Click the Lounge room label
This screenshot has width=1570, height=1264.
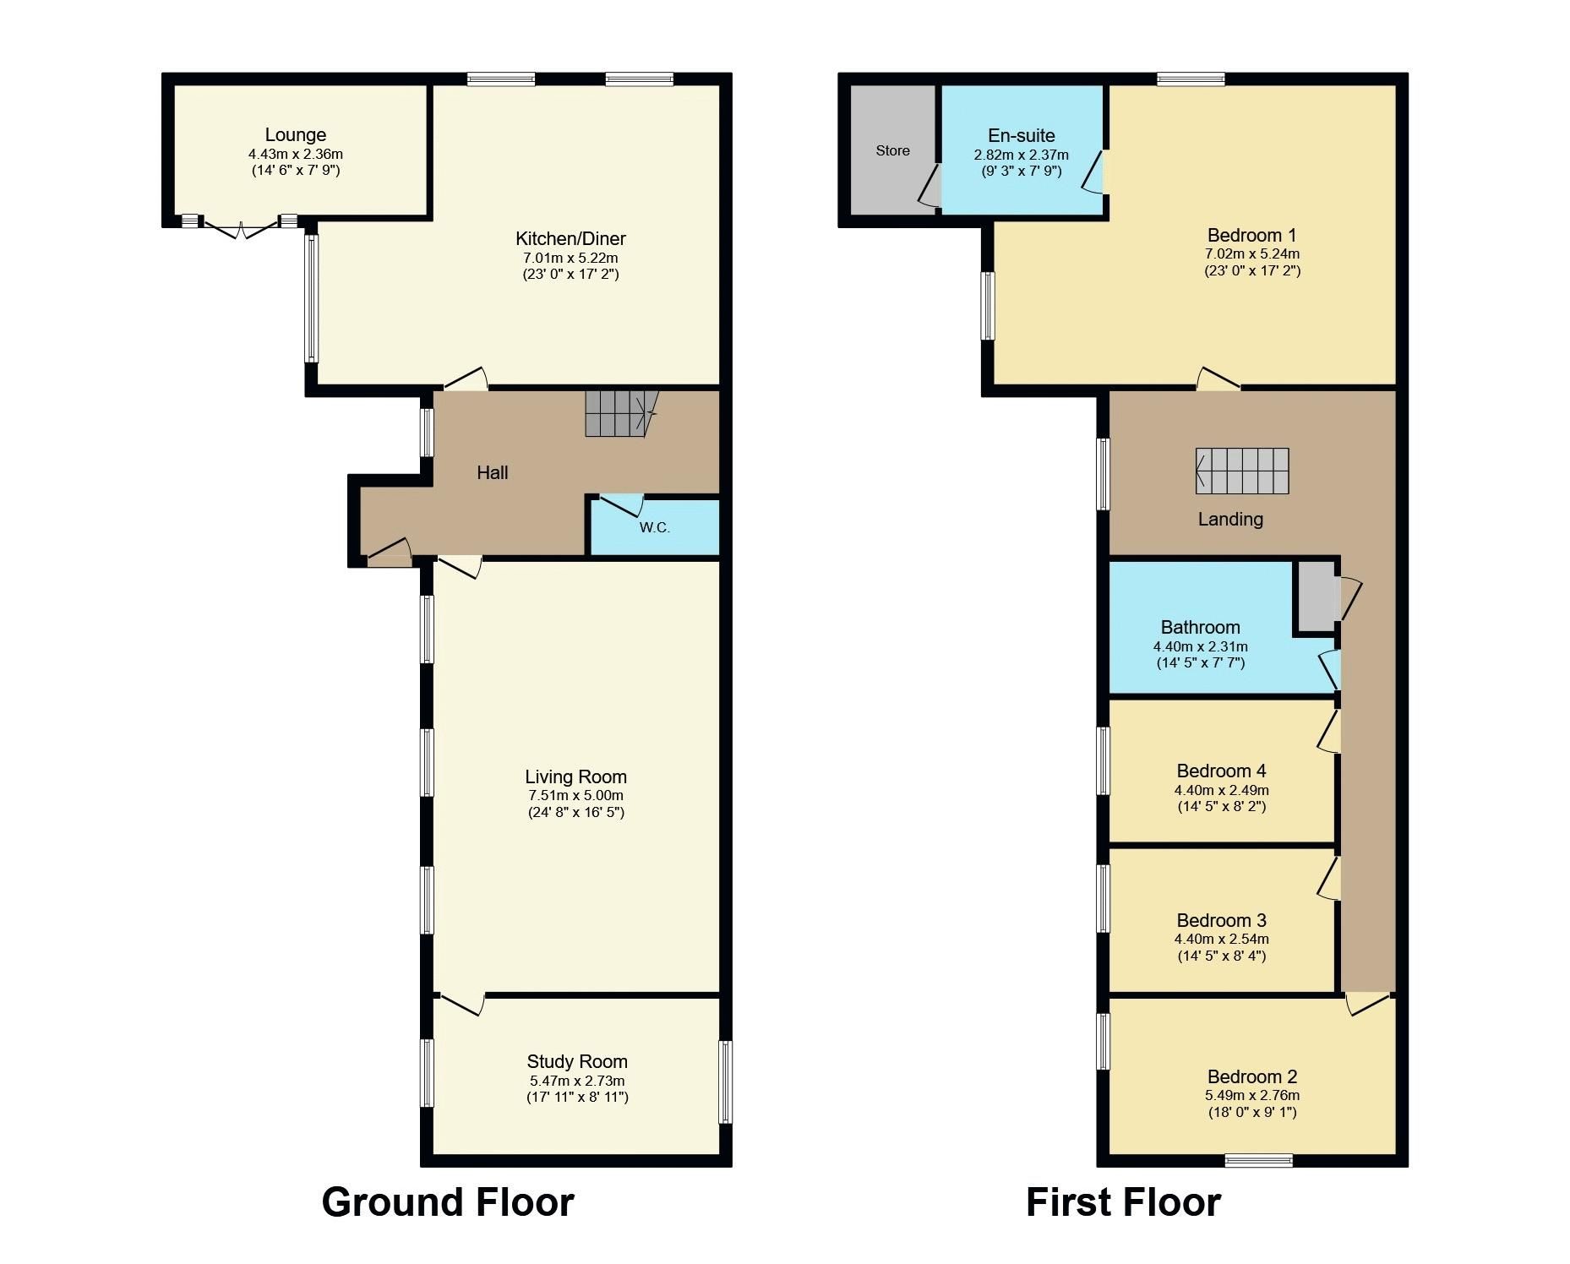point(295,134)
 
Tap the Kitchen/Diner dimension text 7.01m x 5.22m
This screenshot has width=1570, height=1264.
point(570,258)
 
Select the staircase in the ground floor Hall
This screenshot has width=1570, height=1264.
point(619,413)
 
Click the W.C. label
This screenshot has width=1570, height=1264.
point(654,527)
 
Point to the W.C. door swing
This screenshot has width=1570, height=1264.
point(622,506)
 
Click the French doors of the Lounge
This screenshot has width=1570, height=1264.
point(241,226)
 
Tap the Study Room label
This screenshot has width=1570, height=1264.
point(577,1061)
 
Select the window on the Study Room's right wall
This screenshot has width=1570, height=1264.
point(725,1081)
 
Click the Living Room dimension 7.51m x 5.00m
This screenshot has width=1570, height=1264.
point(575,795)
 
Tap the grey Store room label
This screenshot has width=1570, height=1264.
point(892,150)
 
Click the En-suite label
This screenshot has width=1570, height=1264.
point(1021,135)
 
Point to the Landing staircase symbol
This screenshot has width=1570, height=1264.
point(1242,471)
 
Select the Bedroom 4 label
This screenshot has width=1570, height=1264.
point(1221,771)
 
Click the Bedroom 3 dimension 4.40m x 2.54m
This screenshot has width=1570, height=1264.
point(1221,939)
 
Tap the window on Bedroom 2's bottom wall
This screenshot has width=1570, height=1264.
point(1258,1160)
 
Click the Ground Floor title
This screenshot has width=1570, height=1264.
point(448,1201)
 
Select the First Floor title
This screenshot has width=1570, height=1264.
point(1123,1201)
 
